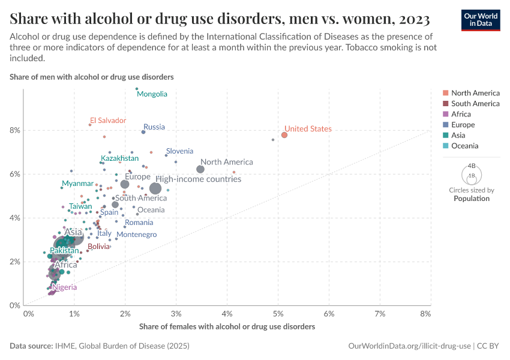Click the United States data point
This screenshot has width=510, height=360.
click(284, 135)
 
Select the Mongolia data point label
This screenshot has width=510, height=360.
click(152, 94)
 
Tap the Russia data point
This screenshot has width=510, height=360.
click(143, 132)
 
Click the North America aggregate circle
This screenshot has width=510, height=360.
click(200, 169)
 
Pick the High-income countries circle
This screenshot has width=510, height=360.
click(155, 188)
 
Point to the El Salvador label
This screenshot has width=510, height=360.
click(108, 121)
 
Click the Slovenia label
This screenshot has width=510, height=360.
click(180, 151)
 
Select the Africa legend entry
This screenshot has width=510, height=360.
click(461, 114)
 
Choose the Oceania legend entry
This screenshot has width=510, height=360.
click(464, 146)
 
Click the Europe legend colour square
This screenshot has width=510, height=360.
click(445, 125)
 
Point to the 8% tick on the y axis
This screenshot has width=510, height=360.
click(15, 130)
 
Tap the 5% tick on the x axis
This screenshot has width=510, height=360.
click(278, 314)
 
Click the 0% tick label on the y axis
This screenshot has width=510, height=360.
click(15, 305)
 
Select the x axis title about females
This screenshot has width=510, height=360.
click(227, 327)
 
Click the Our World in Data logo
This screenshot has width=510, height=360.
click(480, 20)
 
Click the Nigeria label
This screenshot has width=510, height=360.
click(64, 287)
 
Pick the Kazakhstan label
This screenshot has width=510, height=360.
click(119, 158)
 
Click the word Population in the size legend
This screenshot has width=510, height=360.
click(471, 199)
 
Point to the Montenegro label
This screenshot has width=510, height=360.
click(137, 235)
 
